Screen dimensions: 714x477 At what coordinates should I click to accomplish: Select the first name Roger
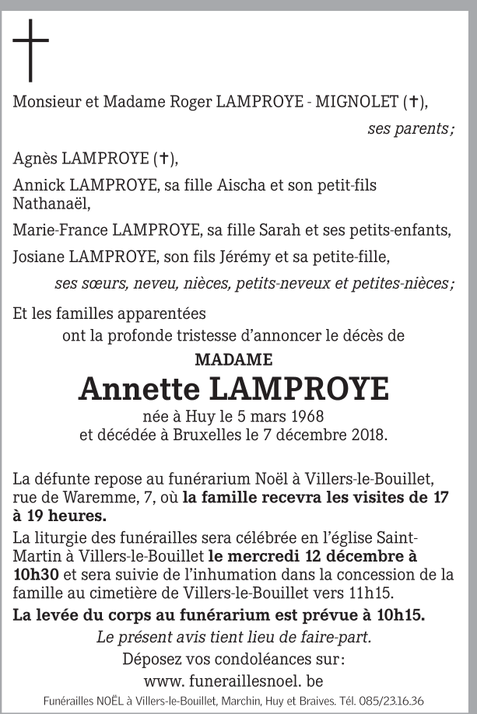(191, 102)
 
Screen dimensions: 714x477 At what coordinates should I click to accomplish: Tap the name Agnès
(35, 159)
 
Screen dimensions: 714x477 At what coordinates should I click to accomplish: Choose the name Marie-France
(61, 231)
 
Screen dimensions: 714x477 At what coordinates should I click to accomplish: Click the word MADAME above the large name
(233, 360)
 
